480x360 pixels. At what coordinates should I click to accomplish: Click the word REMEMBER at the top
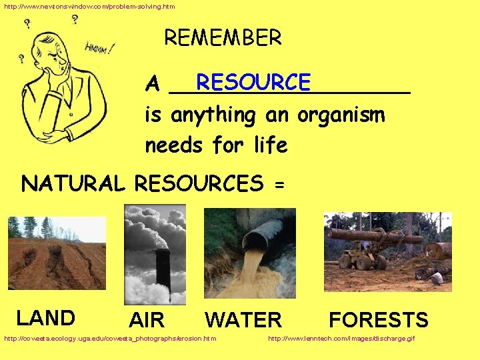[223, 37]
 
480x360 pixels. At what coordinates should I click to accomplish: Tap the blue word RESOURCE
[253, 81]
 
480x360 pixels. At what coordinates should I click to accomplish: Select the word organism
[341, 115]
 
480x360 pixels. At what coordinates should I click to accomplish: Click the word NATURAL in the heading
[73, 183]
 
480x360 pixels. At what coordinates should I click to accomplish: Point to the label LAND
[45, 317]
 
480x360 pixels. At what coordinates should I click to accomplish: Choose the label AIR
[147, 320]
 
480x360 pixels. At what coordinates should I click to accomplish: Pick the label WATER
[243, 320]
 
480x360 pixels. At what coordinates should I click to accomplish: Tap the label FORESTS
[378, 320]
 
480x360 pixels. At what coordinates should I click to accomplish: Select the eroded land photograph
[57, 253]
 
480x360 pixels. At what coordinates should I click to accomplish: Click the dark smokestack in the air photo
[162, 266]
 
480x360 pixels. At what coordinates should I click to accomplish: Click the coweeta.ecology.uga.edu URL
[110, 339]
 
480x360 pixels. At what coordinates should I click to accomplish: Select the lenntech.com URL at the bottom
[341, 339]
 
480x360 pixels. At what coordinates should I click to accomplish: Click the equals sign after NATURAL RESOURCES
[278, 184]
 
